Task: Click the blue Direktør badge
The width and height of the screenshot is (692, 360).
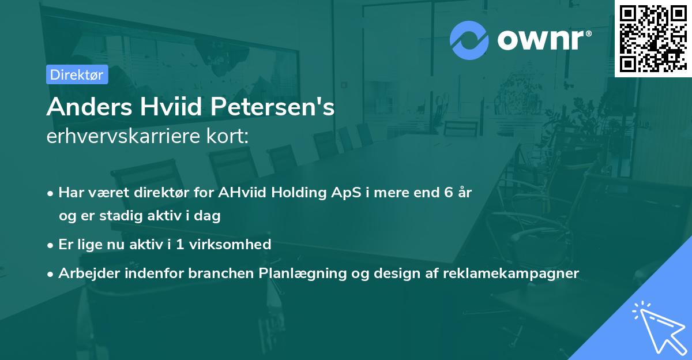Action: coord(77,74)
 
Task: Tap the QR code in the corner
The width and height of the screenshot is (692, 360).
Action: coord(653,38)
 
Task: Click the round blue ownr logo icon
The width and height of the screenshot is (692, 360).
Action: coord(469,40)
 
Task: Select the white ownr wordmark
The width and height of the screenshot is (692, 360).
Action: coord(541,40)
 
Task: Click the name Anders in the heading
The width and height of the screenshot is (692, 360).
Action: coord(89,107)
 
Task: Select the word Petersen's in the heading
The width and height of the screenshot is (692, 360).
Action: coord(272,107)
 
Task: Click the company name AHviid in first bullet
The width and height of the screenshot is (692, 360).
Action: coord(242,192)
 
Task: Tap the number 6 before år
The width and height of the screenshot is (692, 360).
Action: coord(449,193)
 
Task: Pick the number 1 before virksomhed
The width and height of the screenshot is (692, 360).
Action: coord(180,245)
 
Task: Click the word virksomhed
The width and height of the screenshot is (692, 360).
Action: coord(230,244)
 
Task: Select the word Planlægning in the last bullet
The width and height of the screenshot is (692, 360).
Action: coord(302,273)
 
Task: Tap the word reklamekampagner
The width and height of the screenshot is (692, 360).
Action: coord(511,273)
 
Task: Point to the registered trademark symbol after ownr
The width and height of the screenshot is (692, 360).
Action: coord(588,33)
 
